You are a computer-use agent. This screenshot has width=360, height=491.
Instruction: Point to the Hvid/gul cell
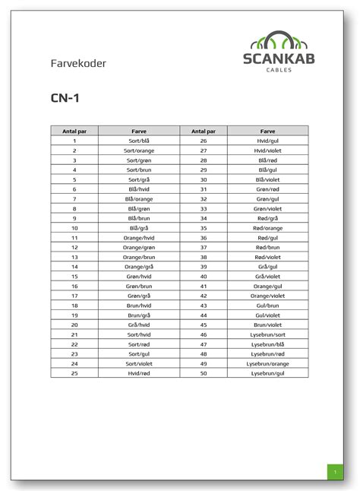268,141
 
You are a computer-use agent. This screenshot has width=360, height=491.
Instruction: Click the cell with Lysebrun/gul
268,373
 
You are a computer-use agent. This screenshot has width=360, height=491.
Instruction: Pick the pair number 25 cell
74,373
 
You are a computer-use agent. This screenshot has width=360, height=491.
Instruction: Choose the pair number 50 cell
204,373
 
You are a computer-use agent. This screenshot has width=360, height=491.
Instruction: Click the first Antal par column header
74,131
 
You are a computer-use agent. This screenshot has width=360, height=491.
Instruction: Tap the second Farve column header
268,131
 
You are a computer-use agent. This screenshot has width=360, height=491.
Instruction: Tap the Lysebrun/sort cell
268,334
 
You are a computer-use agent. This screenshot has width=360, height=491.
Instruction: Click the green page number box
334,472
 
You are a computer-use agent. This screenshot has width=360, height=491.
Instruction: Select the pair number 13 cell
74,257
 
